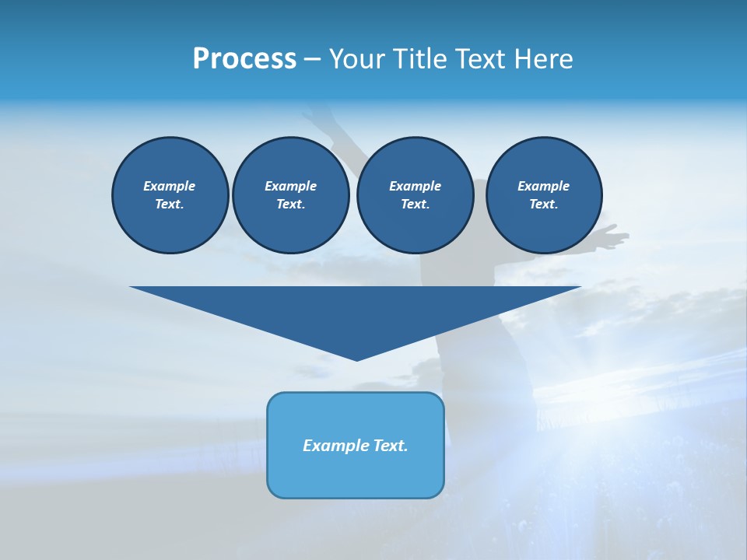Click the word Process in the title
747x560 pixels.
pyautogui.click(x=244, y=59)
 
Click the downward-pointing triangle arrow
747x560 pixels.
pyautogui.click(x=356, y=311)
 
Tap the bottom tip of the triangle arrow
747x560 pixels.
pyautogui.click(x=356, y=359)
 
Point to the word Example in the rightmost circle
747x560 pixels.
pyautogui.click(x=543, y=186)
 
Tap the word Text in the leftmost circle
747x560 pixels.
pyautogui.click(x=169, y=204)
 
